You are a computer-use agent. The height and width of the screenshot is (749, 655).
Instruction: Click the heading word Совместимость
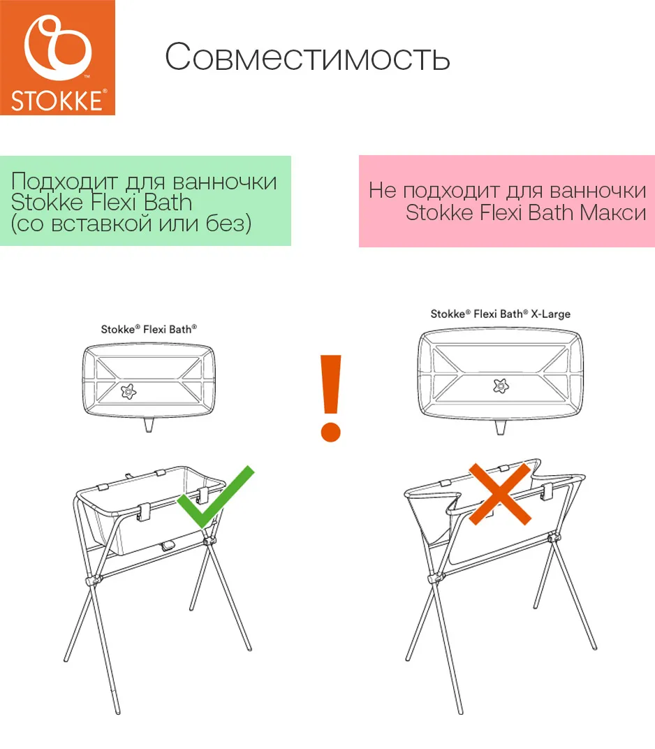click(307, 57)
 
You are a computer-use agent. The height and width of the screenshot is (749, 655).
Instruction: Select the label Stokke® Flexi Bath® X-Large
click(500, 314)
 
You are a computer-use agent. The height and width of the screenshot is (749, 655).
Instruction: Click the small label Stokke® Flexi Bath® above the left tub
click(149, 328)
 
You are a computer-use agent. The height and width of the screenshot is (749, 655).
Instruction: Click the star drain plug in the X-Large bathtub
click(499, 384)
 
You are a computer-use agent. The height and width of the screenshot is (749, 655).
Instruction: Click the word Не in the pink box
click(382, 191)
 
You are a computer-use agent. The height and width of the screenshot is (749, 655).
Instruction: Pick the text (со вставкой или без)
click(131, 224)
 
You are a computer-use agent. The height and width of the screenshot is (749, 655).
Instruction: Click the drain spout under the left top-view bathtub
click(149, 426)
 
